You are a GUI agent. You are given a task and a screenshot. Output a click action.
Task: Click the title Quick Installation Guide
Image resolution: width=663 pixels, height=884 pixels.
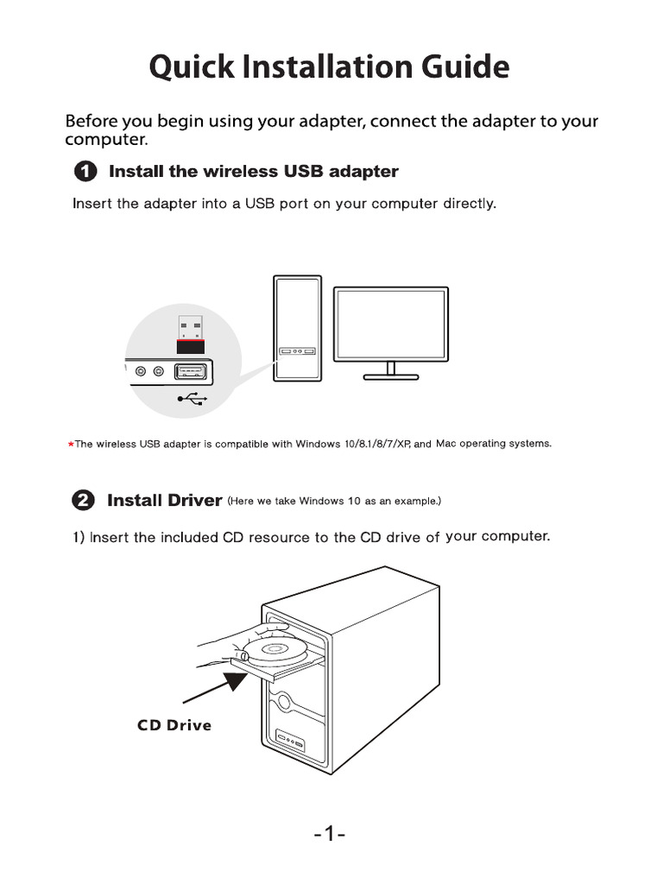pyautogui.click(x=329, y=66)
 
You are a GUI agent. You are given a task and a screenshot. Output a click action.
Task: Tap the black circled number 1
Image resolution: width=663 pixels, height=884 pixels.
pyautogui.click(x=85, y=172)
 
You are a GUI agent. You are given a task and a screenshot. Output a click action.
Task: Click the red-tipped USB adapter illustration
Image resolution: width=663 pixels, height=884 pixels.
pyautogui.click(x=191, y=336)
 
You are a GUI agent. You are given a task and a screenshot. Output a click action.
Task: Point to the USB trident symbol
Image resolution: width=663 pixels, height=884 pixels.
pyautogui.click(x=191, y=398)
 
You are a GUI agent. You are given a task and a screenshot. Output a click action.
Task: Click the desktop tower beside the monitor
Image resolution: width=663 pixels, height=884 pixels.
pyautogui.click(x=297, y=328)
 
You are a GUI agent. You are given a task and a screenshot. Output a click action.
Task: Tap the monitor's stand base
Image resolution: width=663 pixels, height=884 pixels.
pyautogui.click(x=391, y=376)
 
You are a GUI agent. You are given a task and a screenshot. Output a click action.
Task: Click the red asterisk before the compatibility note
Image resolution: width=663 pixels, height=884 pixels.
pyautogui.click(x=70, y=445)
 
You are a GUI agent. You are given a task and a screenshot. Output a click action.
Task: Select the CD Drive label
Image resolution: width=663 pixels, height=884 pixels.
pyautogui.click(x=174, y=725)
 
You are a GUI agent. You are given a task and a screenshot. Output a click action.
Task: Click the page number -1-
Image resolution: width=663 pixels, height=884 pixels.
pyautogui.click(x=329, y=835)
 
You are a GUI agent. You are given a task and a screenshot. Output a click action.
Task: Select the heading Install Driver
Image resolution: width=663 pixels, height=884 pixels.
pyautogui.click(x=164, y=501)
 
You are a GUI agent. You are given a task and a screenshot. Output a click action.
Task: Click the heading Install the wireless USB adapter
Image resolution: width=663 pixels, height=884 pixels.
pyautogui.click(x=253, y=172)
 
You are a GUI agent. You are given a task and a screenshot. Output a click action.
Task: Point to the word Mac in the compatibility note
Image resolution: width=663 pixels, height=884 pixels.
pyautogui.click(x=445, y=444)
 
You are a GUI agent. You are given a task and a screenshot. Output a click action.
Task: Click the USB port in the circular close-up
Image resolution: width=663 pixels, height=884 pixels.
pyautogui.click(x=191, y=372)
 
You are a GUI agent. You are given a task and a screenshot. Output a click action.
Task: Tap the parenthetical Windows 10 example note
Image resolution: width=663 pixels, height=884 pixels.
pyautogui.click(x=334, y=501)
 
